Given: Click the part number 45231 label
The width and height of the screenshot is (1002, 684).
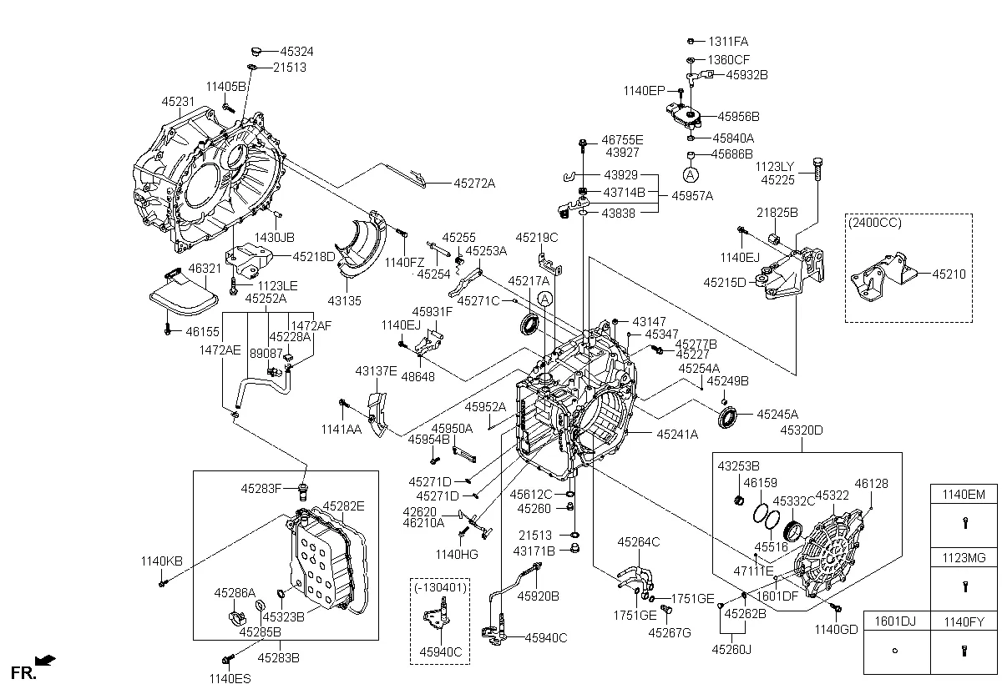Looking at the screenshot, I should [x=177, y=101].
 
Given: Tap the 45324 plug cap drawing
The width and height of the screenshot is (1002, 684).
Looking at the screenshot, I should [x=256, y=52].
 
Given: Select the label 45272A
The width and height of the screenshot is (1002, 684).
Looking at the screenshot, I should [x=473, y=183].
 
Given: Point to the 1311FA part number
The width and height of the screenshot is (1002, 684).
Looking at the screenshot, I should [x=729, y=41].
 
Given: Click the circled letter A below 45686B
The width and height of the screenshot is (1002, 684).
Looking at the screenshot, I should [x=691, y=174].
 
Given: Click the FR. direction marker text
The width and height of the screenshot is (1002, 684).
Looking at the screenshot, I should [x=23, y=671].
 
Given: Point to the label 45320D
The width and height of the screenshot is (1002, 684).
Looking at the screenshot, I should [x=802, y=430].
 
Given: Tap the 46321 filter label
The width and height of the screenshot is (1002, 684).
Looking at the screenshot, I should [x=204, y=269].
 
